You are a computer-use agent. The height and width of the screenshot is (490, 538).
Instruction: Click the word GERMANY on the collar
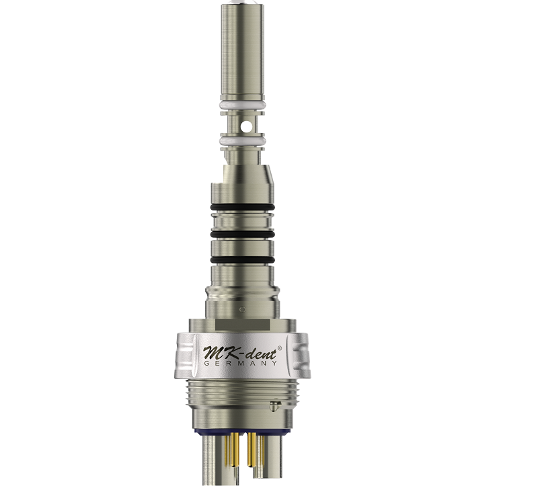pyautogui.click(x=240, y=363)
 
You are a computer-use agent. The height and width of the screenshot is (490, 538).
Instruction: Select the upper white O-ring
pyautogui.click(x=241, y=106)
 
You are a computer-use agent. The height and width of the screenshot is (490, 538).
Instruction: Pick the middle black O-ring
pyautogui.click(x=241, y=233)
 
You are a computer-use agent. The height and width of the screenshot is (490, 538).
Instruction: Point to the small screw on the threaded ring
pyautogui.click(x=274, y=405)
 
